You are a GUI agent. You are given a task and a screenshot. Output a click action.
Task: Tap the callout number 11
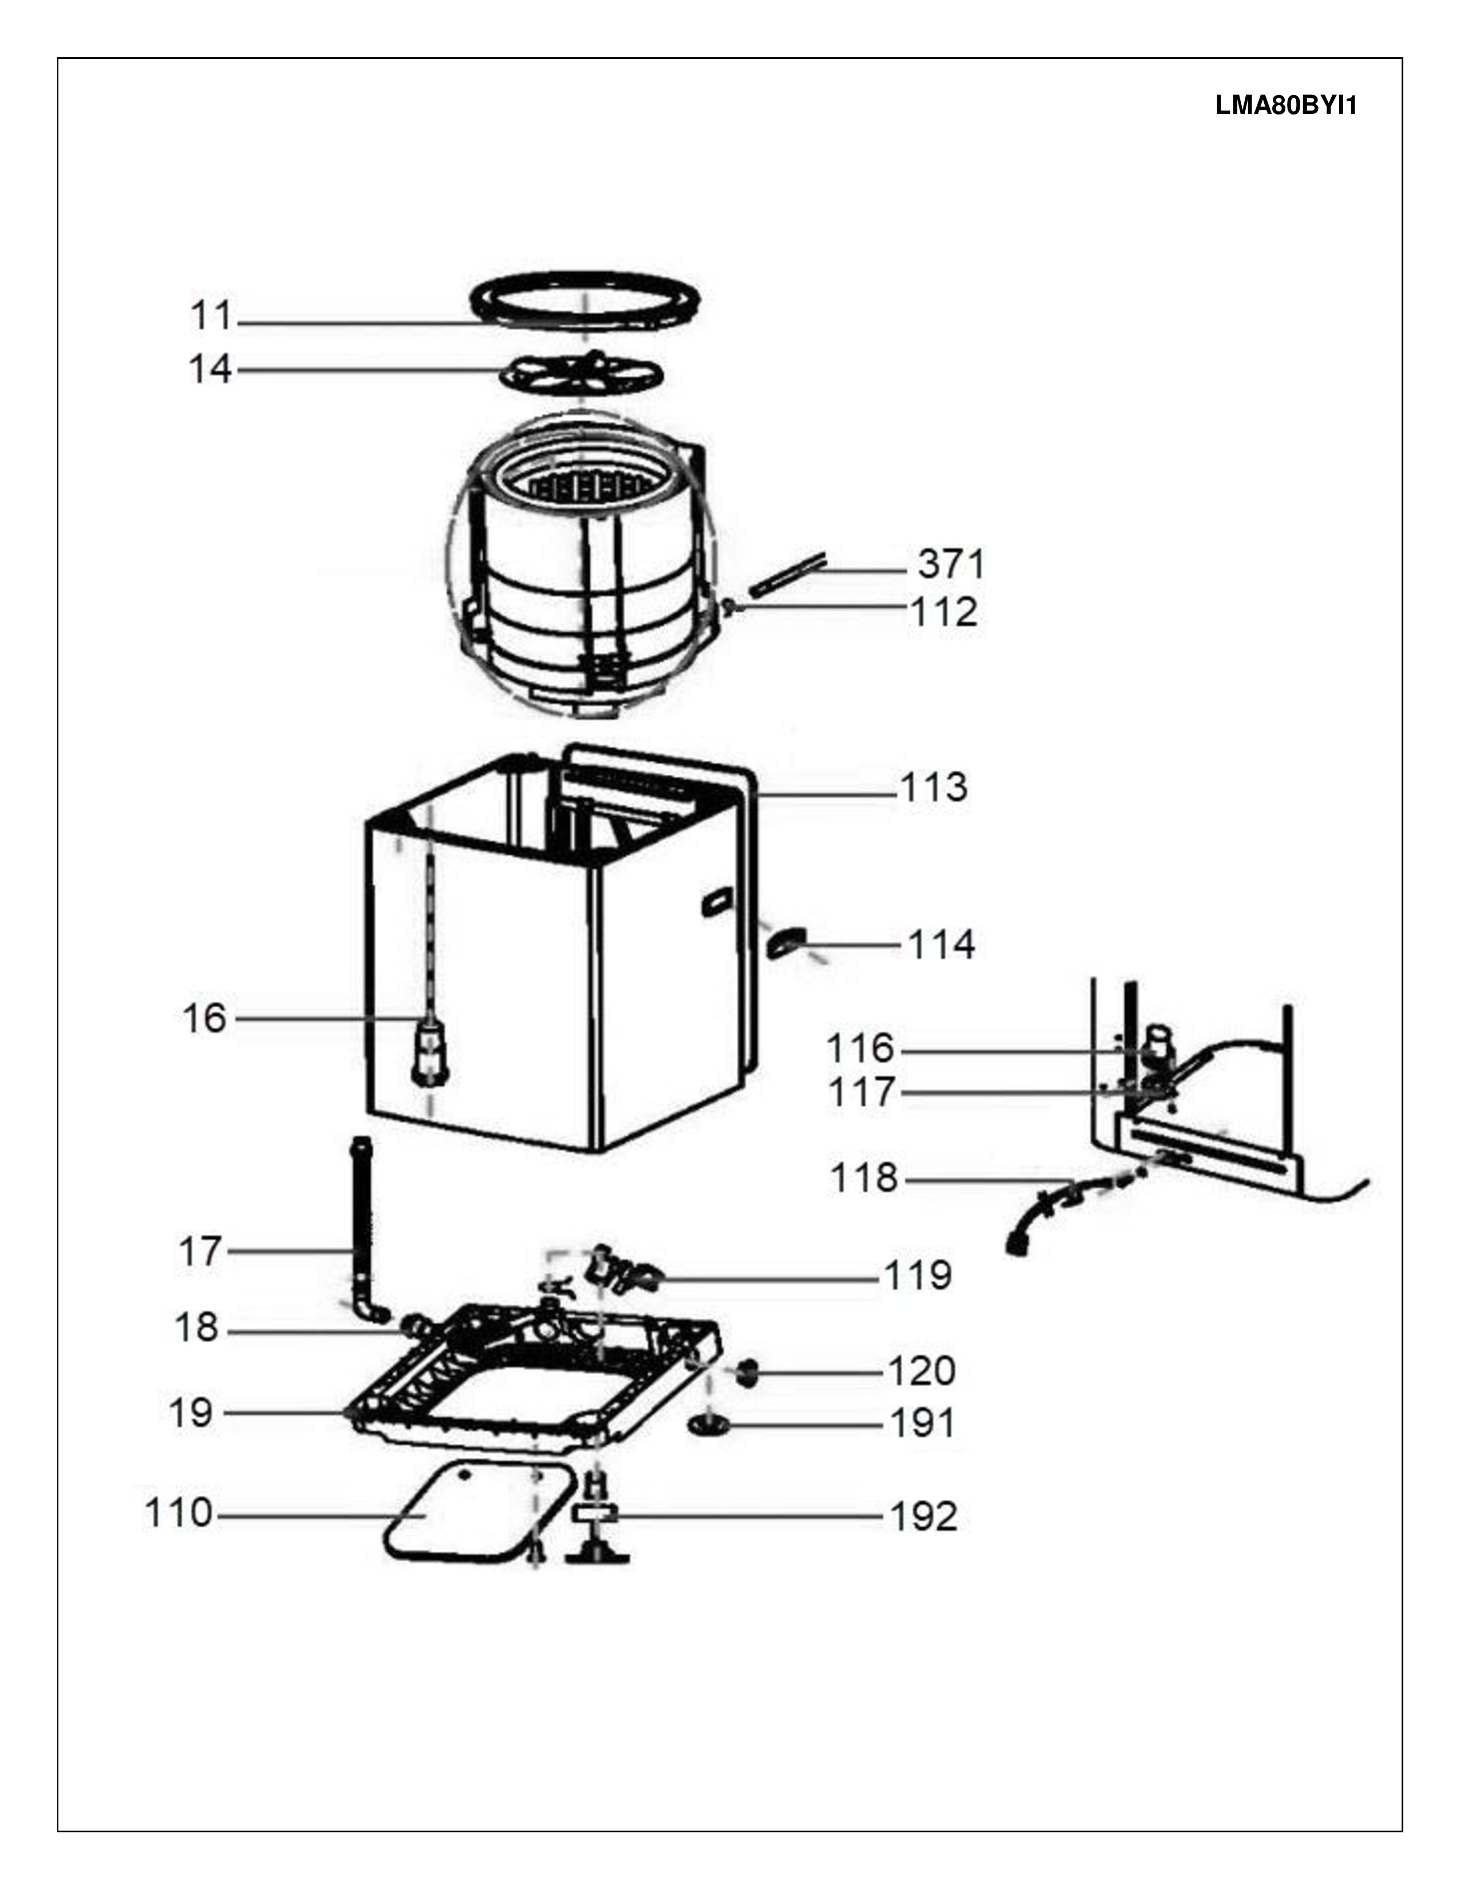point(211,316)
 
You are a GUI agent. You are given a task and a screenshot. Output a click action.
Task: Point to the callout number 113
point(934,787)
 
